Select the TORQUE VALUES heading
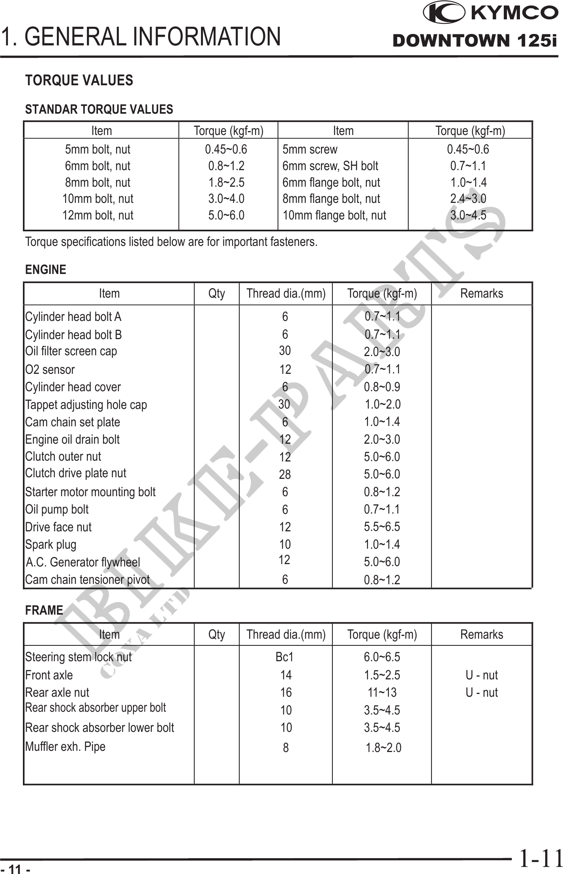pyautogui.click(x=79, y=81)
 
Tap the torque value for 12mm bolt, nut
pyautogui.click(x=226, y=215)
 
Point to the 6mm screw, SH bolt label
pyautogui.click(x=330, y=166)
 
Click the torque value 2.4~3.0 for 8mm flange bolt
pyautogui.click(x=468, y=199)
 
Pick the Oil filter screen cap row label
pyautogui.click(x=71, y=351)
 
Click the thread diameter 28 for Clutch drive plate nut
pyautogui.click(x=285, y=475)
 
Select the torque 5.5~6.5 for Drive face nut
pyautogui.click(x=382, y=527)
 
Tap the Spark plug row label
pyautogui.click(x=51, y=545)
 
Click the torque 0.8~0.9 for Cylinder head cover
pyautogui.click(x=382, y=387)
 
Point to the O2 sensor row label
pyautogui.click(x=50, y=370)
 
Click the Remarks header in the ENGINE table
pyautogui.click(x=482, y=293)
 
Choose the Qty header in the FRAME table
pyautogui.click(x=216, y=634)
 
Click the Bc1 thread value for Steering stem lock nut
pyautogui.click(x=285, y=657)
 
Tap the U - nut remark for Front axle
pyautogui.click(x=482, y=675)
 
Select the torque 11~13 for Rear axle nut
pyautogui.click(x=382, y=692)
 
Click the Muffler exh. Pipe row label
pyautogui.click(x=66, y=746)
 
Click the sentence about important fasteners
pyautogui.click(x=171, y=242)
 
